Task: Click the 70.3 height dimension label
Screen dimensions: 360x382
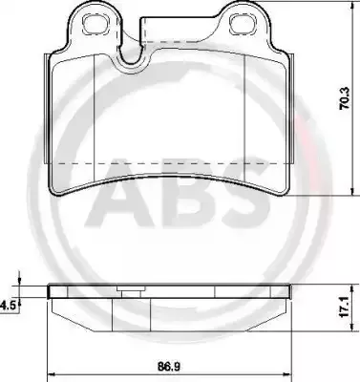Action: click(x=345, y=98)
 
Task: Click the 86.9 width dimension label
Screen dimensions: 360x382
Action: click(x=169, y=367)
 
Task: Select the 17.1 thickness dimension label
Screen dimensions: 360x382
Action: click(x=345, y=308)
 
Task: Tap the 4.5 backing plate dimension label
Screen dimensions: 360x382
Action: click(x=8, y=306)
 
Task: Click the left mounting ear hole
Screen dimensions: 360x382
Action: click(x=94, y=24)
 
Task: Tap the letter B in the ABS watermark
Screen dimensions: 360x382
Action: click(x=184, y=193)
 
